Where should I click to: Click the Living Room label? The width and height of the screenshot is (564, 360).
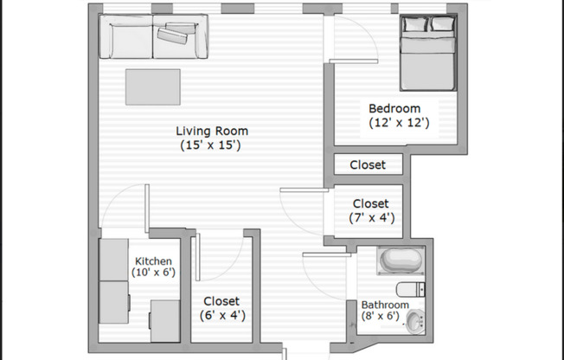tap(212, 132)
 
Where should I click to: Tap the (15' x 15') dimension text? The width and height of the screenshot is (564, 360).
tap(212, 145)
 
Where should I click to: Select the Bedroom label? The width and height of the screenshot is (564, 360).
tap(394, 109)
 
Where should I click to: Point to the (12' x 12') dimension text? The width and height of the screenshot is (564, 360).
tap(394, 123)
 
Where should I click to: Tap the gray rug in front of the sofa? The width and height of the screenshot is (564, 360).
tap(153, 87)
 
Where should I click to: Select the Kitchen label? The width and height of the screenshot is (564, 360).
tap(153, 260)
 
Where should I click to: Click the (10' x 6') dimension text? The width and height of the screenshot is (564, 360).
tap(153, 273)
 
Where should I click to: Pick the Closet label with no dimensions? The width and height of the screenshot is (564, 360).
tap(368, 164)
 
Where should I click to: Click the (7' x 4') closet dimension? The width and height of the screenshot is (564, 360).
tap(372, 218)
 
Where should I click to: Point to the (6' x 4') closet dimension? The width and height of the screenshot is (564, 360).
tap(221, 316)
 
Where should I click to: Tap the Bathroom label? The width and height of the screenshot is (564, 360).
tap(385, 305)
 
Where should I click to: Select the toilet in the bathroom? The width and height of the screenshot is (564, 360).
tap(408, 288)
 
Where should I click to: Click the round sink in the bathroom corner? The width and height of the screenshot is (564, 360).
tap(415, 322)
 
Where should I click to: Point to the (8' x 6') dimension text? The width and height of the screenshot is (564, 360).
tap(381, 317)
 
